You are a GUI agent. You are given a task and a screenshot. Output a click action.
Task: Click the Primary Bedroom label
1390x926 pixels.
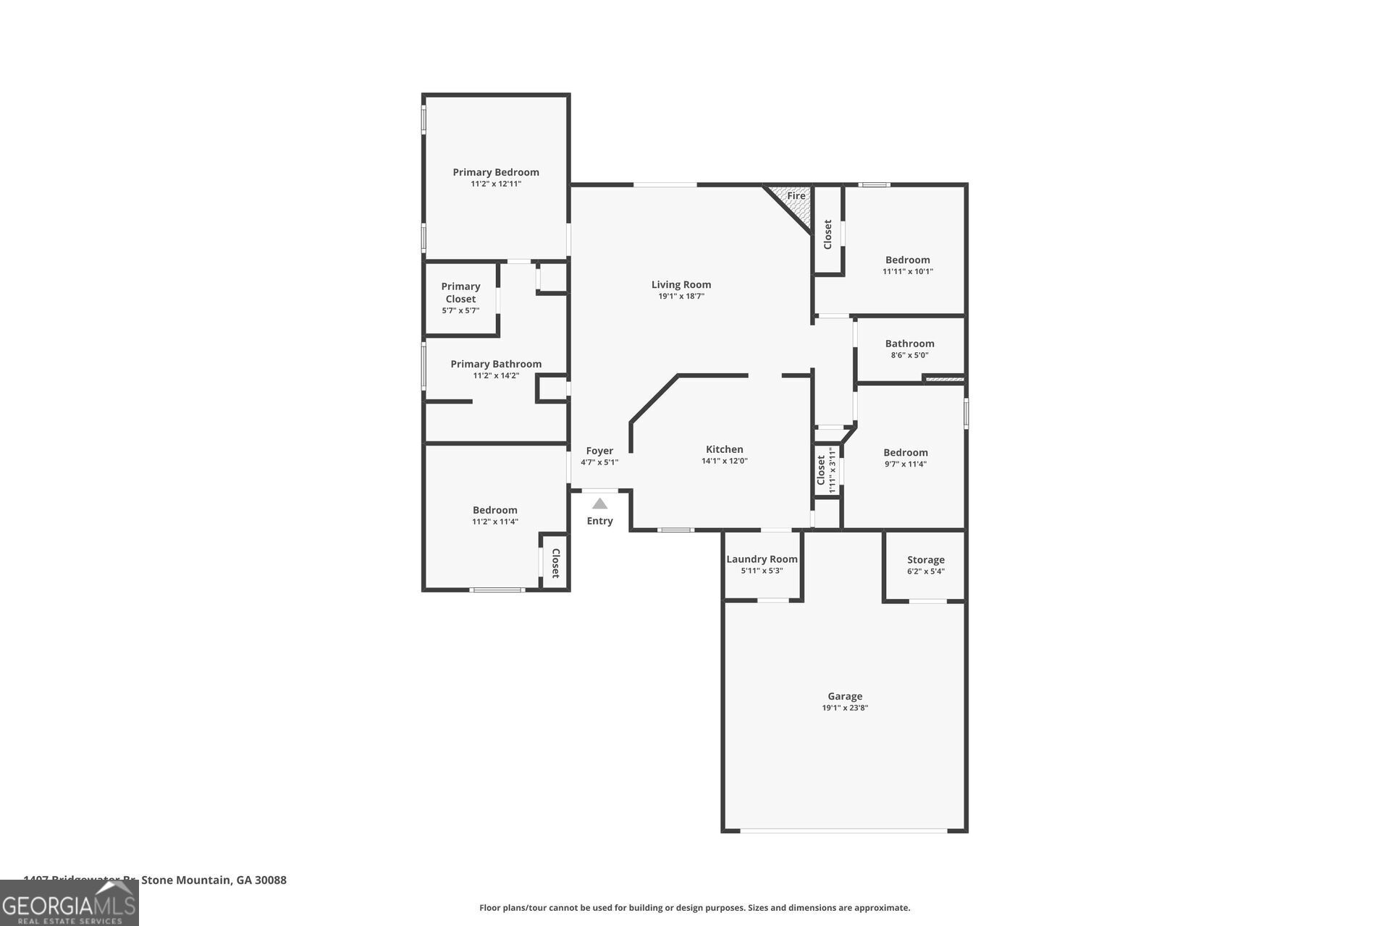tap(496, 172)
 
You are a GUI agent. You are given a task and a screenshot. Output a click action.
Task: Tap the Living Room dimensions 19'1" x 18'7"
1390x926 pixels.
tap(681, 297)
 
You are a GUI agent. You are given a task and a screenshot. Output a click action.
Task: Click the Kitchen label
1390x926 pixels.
tap(725, 449)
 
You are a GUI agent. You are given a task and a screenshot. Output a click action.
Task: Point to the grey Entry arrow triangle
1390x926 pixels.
tap(599, 504)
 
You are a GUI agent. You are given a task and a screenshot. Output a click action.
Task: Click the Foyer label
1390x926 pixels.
tap(599, 451)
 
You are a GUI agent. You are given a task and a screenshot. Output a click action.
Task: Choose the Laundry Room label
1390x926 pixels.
tap(762, 559)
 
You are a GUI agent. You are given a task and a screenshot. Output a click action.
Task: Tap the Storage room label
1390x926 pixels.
tap(925, 560)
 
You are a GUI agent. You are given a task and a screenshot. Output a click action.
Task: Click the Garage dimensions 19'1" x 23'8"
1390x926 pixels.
tap(845, 708)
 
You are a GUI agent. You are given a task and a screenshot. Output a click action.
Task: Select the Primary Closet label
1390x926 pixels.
tap(460, 292)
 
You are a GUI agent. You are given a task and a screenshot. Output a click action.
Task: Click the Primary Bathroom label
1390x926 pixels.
tap(496, 364)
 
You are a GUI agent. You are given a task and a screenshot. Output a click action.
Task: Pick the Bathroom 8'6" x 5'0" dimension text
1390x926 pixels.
tap(909, 355)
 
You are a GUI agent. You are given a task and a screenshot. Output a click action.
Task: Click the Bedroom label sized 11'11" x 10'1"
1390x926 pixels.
tap(907, 260)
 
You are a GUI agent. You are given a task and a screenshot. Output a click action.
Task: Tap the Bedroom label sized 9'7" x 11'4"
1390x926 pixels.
tap(905, 453)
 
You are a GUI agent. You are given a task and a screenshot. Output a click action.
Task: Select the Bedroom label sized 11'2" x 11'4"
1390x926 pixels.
tap(495, 510)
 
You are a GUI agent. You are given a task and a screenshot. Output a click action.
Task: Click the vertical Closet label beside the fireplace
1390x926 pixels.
tap(827, 234)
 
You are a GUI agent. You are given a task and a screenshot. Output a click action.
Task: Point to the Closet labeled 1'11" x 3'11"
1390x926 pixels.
tap(825, 470)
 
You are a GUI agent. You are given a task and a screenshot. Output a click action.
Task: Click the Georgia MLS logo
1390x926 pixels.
tap(69, 904)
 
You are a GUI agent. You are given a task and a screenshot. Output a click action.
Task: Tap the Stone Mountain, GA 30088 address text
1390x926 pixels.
tap(214, 880)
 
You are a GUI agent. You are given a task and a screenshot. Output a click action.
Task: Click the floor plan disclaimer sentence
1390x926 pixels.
tap(694, 908)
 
